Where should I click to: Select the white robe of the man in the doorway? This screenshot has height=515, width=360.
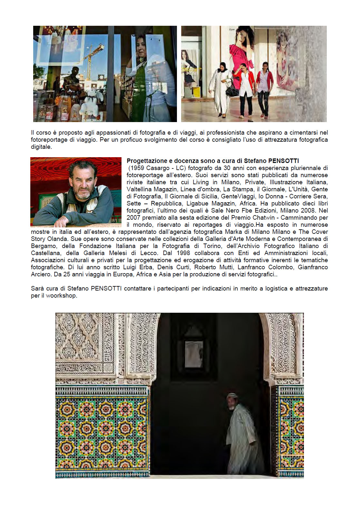tap(242, 438)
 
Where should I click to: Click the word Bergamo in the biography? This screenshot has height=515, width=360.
tap(44, 246)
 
